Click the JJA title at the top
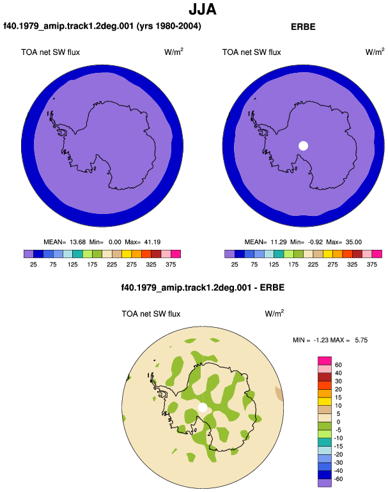pyautogui.click(x=203, y=9)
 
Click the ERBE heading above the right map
pyautogui.click(x=303, y=27)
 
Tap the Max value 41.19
pyautogui.click(x=152, y=242)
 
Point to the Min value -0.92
pyautogui.click(x=314, y=242)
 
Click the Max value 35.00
pyautogui.click(x=353, y=242)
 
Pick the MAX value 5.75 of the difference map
pyautogui.click(x=361, y=340)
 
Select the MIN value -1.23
pyautogui.click(x=321, y=340)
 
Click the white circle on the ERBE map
pyautogui.click(x=303, y=146)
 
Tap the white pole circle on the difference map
pyautogui.click(x=203, y=407)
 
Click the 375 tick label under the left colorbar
pyautogui.click(x=171, y=265)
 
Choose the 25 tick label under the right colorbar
pyautogui.click(x=235, y=265)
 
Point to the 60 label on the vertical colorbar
pyautogui.click(x=338, y=365)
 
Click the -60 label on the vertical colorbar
pyautogui.click(x=338, y=479)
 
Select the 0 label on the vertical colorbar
pyautogui.click(x=338, y=422)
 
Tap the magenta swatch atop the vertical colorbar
pyautogui.click(x=325, y=360)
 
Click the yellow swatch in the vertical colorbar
pyautogui.click(x=325, y=401)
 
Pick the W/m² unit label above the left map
pyautogui.click(x=174, y=52)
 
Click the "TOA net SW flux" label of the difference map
pyautogui.click(x=151, y=314)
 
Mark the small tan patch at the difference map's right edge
pyautogui.click(x=279, y=394)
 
